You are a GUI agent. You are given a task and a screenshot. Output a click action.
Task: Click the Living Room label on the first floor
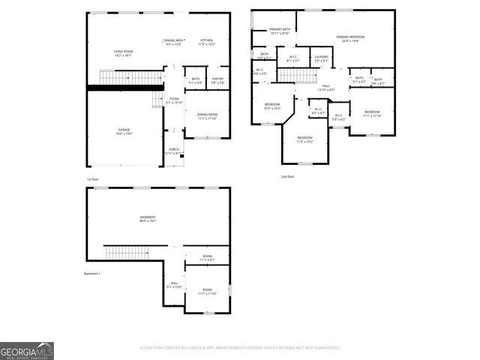(x=123, y=53)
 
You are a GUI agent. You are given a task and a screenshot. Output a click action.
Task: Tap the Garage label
(x=123, y=132)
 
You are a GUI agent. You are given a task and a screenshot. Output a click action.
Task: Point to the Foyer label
(x=174, y=100)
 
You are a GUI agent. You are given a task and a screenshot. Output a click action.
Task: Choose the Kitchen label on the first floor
(x=206, y=42)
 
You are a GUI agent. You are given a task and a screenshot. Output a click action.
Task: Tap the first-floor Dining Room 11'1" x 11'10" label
(x=207, y=116)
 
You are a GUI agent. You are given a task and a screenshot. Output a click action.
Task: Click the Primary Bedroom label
(x=350, y=38)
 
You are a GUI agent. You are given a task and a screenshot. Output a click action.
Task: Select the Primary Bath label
(x=279, y=31)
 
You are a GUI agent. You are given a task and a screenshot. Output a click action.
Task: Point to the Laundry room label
(x=322, y=58)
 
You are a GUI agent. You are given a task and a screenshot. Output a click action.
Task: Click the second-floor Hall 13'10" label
(x=326, y=88)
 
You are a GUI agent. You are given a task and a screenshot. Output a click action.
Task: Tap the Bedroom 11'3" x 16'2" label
(x=304, y=139)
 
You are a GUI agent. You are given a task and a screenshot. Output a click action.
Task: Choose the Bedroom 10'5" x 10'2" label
(x=272, y=106)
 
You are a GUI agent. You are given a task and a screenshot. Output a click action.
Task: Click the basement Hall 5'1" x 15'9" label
(x=174, y=285)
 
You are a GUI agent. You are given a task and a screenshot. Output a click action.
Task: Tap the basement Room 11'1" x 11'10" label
(x=207, y=291)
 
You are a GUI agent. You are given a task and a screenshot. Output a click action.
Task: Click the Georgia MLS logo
(x=27, y=351)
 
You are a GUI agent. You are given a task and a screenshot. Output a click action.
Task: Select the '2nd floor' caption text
(x=287, y=176)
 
